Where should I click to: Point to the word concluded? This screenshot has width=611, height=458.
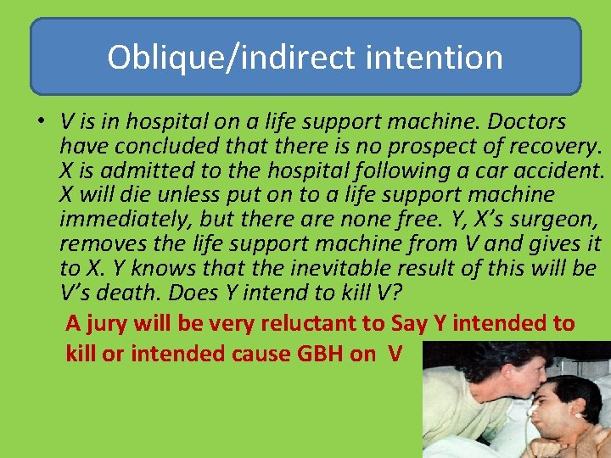tap(165, 147)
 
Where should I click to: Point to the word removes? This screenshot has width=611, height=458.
tap(92, 244)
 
